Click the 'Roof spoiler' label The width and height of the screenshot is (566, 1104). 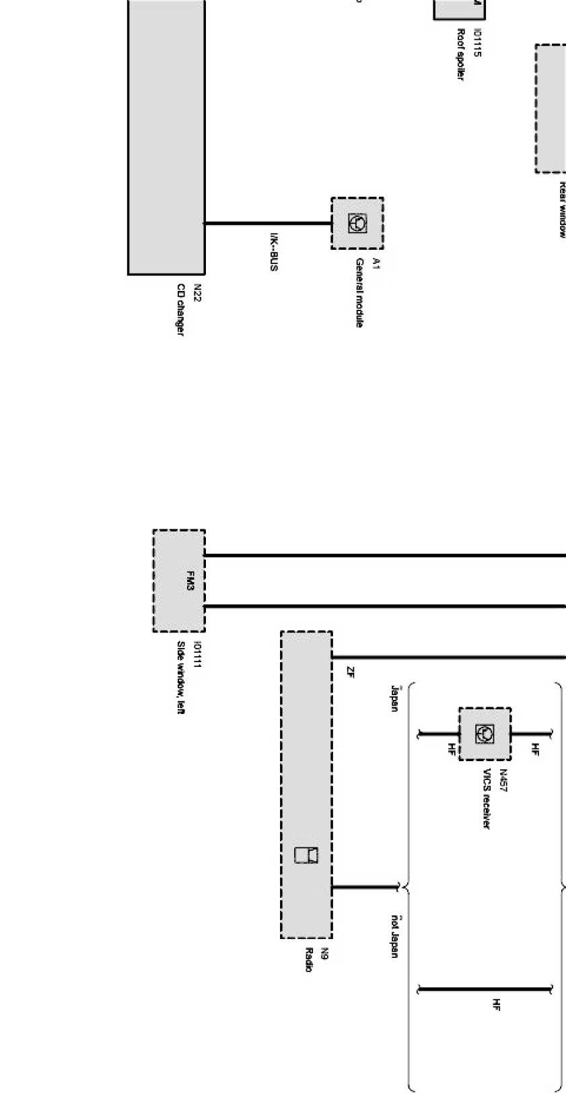pos(461,55)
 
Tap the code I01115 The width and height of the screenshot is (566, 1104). pos(477,42)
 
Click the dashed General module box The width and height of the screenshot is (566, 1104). pos(357,223)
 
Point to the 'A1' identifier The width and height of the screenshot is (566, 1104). pos(376,263)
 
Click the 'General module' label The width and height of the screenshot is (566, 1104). pos(360,293)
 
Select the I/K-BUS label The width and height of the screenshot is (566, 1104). pos(274,252)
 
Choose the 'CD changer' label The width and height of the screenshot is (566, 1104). pos(180,309)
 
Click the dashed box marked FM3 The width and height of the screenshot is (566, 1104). pos(179,581)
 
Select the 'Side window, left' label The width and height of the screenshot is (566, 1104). pos(180,677)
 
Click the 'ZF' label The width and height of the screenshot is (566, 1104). pos(350,672)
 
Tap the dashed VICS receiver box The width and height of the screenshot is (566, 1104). pos(485,734)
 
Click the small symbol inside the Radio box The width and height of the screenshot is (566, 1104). pos(306,854)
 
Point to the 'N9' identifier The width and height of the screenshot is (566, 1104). pos(324,953)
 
